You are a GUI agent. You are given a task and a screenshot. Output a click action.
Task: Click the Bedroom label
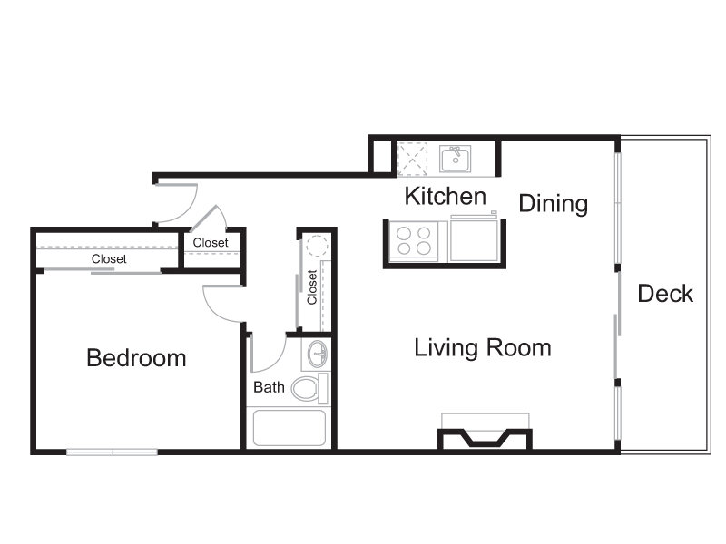136,358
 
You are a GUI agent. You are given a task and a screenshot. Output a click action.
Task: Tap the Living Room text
483,348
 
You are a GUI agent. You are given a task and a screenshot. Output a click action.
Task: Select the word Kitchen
446,196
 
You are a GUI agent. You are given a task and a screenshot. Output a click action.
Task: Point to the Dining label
554,203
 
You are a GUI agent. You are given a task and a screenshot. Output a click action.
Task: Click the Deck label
665,294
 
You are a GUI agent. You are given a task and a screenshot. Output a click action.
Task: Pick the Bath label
269,387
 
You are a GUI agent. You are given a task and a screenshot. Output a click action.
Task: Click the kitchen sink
456,160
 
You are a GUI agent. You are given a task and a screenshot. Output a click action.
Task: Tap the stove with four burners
414,241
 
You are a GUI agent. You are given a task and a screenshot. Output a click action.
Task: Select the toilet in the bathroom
309,388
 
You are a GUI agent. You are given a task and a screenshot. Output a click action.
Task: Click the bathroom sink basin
318,354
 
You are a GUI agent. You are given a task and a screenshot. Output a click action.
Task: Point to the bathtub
289,428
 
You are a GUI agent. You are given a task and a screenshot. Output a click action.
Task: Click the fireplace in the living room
486,438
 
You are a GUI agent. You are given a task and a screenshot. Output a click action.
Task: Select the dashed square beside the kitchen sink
413,160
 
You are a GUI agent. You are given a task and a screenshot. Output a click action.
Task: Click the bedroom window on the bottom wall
112,452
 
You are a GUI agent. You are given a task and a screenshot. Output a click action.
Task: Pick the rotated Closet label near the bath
311,287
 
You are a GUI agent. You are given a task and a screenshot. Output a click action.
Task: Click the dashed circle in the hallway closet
317,245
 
